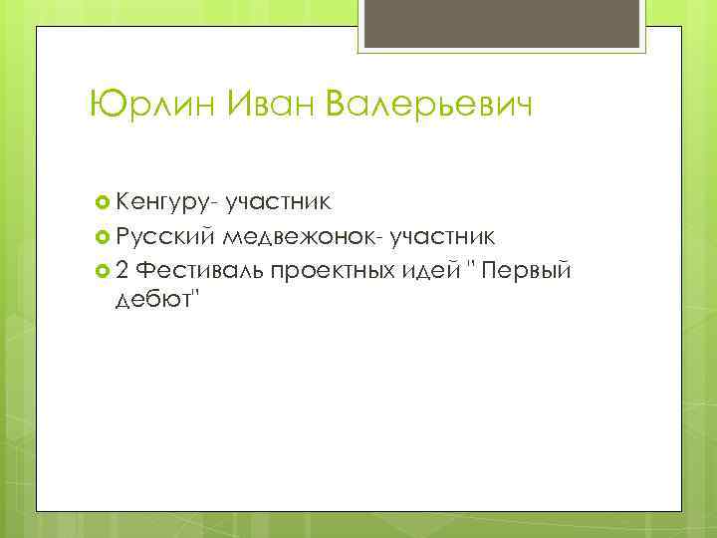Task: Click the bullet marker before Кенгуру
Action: pyautogui.click(x=100, y=203)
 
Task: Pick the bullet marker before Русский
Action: pyautogui.click(x=100, y=237)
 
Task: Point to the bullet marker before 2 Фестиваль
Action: pyautogui.click(x=100, y=271)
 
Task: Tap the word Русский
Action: pyautogui.click(x=165, y=237)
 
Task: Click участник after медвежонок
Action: pyautogui.click(x=439, y=237)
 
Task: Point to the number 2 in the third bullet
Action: pyautogui.click(x=121, y=271)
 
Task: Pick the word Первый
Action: pyautogui.click(x=534, y=271)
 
